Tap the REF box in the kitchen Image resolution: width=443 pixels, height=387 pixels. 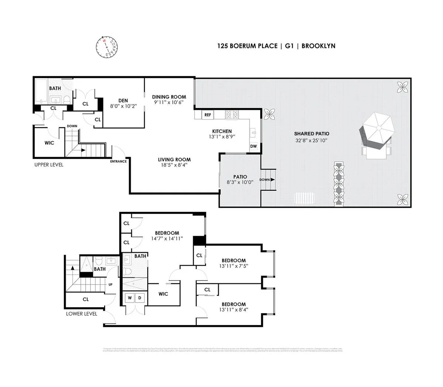point(207,115)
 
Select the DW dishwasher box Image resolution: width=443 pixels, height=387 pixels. point(254,146)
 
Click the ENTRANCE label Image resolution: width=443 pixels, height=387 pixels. point(118,161)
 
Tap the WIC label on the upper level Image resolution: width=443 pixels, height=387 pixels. point(49,142)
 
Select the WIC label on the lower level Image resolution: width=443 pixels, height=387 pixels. point(163,294)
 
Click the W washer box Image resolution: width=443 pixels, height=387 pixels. point(130,297)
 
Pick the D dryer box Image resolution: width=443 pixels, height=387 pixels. point(140,297)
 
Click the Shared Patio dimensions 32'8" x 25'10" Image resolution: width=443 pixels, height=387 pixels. point(312,141)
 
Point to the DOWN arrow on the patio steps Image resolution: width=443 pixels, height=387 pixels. point(267,180)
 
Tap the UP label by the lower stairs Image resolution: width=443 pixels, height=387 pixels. point(110,284)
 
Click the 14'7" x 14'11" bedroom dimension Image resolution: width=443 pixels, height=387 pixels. point(167,239)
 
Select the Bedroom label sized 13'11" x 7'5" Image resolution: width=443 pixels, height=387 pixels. point(233,260)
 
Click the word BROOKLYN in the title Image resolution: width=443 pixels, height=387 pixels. point(318,46)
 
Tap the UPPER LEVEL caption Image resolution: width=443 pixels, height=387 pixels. point(49,165)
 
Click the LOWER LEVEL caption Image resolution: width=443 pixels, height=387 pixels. point(82,314)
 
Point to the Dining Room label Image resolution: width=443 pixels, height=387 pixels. point(169,97)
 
